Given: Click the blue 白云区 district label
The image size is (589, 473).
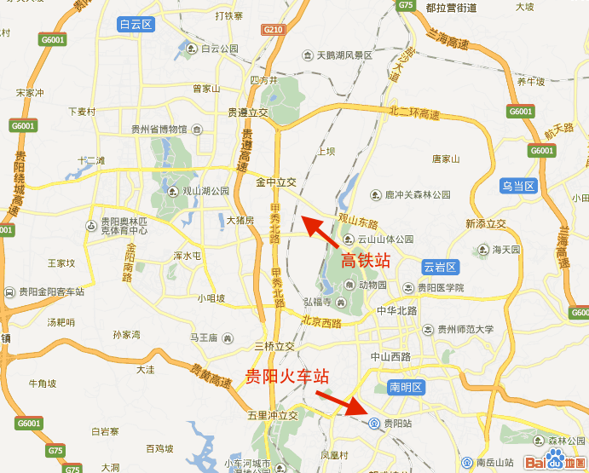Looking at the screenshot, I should pyautogui.click(x=136, y=25).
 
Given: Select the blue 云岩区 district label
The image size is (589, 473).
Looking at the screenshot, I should pyautogui.click(x=441, y=267).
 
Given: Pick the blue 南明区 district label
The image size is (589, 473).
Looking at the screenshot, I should pyautogui.click(x=405, y=388).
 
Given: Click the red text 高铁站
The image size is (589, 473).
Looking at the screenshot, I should pyautogui.click(x=367, y=261).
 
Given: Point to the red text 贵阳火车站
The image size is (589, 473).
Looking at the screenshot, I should pyautogui.click(x=287, y=377).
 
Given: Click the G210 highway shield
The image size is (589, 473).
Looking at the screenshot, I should pyautogui.click(x=274, y=29).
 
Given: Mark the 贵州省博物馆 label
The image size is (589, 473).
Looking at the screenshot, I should pyautogui.click(x=159, y=130).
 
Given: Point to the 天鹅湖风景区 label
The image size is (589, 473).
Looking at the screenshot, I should pyautogui.click(x=344, y=55).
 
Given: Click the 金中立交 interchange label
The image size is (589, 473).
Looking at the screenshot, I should pyautogui.click(x=276, y=182).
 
